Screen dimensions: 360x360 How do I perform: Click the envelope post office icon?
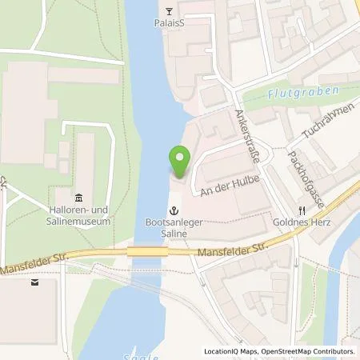click(34, 282)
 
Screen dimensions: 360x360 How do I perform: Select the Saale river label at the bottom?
click(138, 355)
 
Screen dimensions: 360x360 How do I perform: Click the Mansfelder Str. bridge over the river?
click(146, 252)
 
